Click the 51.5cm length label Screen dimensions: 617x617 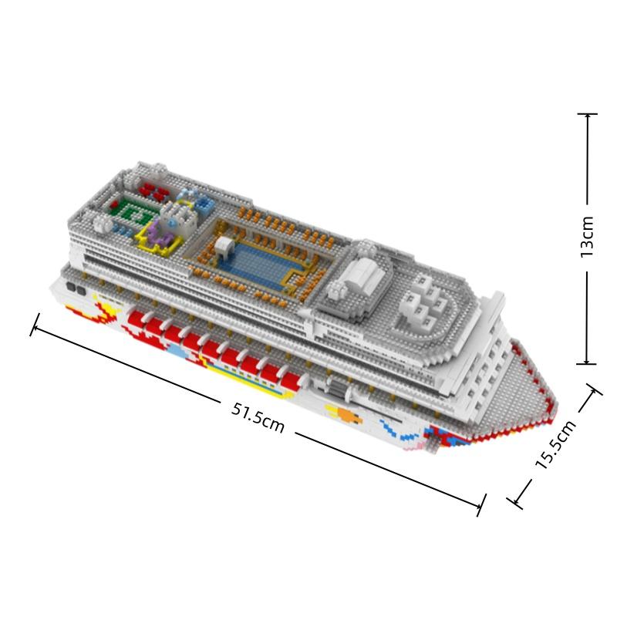pos(258,418)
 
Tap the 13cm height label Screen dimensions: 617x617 pos(587,237)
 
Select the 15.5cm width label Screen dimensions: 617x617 pos(555,444)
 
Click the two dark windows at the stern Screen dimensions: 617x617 pos(76,288)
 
